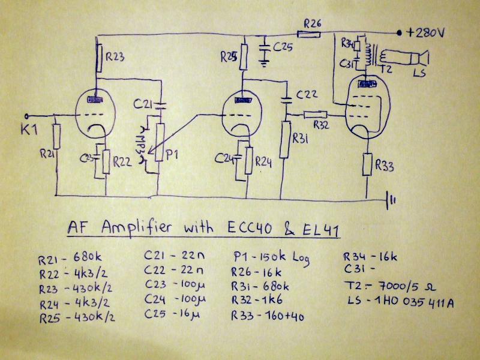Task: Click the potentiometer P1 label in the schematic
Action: pos(172,154)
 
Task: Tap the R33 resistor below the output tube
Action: pos(367,164)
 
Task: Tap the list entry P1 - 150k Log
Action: pos(269,257)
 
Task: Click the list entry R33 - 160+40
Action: pos(267,316)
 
